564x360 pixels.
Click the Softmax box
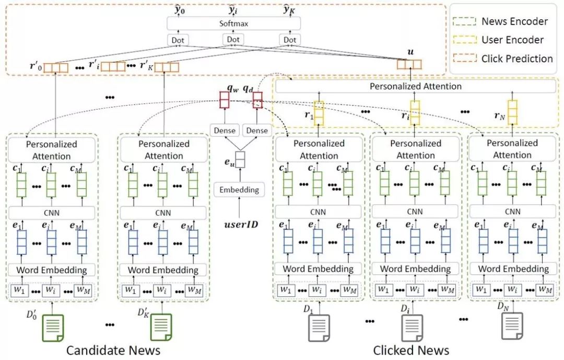pos(233,24)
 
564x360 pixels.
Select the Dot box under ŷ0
pos(178,40)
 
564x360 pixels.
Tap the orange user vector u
pos(409,64)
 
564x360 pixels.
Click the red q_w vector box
pos(225,100)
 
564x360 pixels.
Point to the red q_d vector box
pos(257,100)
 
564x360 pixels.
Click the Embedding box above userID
pos(239,190)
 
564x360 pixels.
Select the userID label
pos(241,225)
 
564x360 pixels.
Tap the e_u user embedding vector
pos(240,159)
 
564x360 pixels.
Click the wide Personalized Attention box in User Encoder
pos(416,86)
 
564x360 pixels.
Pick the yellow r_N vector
pos(513,112)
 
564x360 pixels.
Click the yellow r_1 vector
pos(319,113)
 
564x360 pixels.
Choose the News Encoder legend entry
pos(500,21)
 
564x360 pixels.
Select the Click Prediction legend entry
pos(503,59)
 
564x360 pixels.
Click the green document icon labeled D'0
pos(53,328)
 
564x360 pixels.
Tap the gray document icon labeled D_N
pos(512,326)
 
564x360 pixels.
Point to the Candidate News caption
pos(113,350)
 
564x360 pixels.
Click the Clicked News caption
pos(411,350)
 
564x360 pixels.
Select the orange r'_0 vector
pos(56,68)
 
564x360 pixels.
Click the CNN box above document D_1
pos(318,212)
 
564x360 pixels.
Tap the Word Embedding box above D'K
pos(163,270)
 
